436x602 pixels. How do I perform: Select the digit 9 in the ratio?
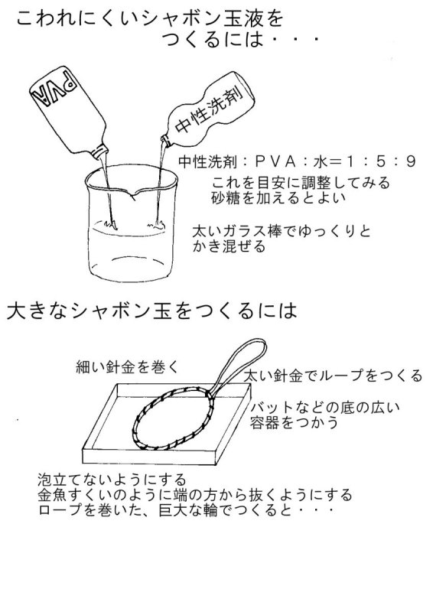point(411,162)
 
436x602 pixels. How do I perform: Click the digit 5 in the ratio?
point(380,162)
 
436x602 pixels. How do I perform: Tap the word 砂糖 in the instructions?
point(226,197)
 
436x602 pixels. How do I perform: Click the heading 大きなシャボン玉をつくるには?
point(152,311)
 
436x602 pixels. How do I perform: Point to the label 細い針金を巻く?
point(128,367)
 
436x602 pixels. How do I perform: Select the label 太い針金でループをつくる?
point(333,375)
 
